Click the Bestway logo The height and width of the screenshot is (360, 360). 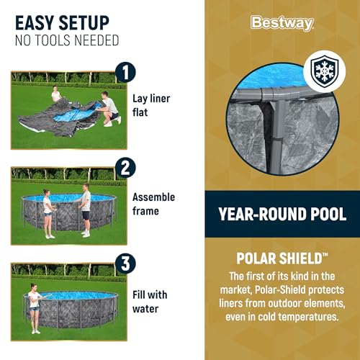click(282, 23)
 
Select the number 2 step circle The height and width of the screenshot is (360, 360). click(125, 168)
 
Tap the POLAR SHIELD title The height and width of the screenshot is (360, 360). click(282, 257)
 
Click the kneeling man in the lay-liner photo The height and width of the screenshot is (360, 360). click(109, 108)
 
